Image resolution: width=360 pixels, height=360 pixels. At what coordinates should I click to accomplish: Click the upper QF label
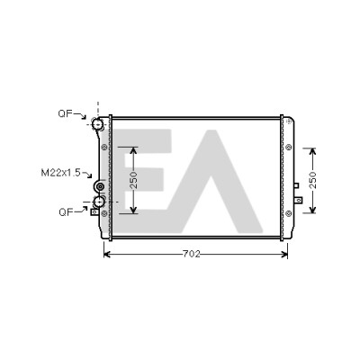[65, 113]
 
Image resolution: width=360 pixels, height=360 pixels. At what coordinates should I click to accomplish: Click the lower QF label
[66, 212]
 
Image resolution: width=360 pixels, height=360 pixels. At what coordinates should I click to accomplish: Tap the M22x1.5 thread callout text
[60, 173]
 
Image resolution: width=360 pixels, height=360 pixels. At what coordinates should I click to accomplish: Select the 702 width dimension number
[191, 254]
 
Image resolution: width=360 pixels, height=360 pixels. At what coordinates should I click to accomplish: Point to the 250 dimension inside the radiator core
[134, 180]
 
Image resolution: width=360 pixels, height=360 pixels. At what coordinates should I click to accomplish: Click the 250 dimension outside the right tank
[312, 180]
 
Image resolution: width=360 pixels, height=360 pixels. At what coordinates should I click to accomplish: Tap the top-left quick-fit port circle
[97, 123]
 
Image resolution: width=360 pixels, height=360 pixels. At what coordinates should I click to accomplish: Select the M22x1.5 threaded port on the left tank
[100, 186]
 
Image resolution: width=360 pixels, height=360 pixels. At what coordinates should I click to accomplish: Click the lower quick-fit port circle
[98, 202]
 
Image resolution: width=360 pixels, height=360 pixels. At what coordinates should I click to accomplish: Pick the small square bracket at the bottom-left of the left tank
[94, 212]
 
